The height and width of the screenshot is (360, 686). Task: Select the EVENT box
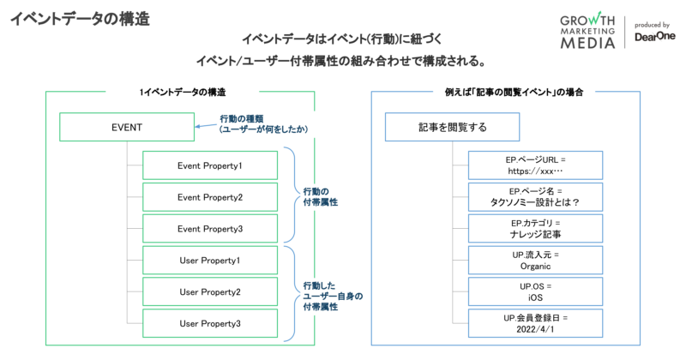point(126,128)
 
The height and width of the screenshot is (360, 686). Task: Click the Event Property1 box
point(210,165)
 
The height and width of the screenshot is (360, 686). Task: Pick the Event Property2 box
point(210,197)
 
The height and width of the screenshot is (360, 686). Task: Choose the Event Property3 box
point(210,229)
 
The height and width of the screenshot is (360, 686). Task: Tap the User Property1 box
point(210,261)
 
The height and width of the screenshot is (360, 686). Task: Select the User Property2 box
point(210,292)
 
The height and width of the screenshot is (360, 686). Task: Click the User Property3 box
point(210,324)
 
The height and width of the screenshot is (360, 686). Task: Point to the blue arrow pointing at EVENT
point(204,127)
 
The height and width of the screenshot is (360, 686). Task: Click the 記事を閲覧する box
point(452,128)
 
